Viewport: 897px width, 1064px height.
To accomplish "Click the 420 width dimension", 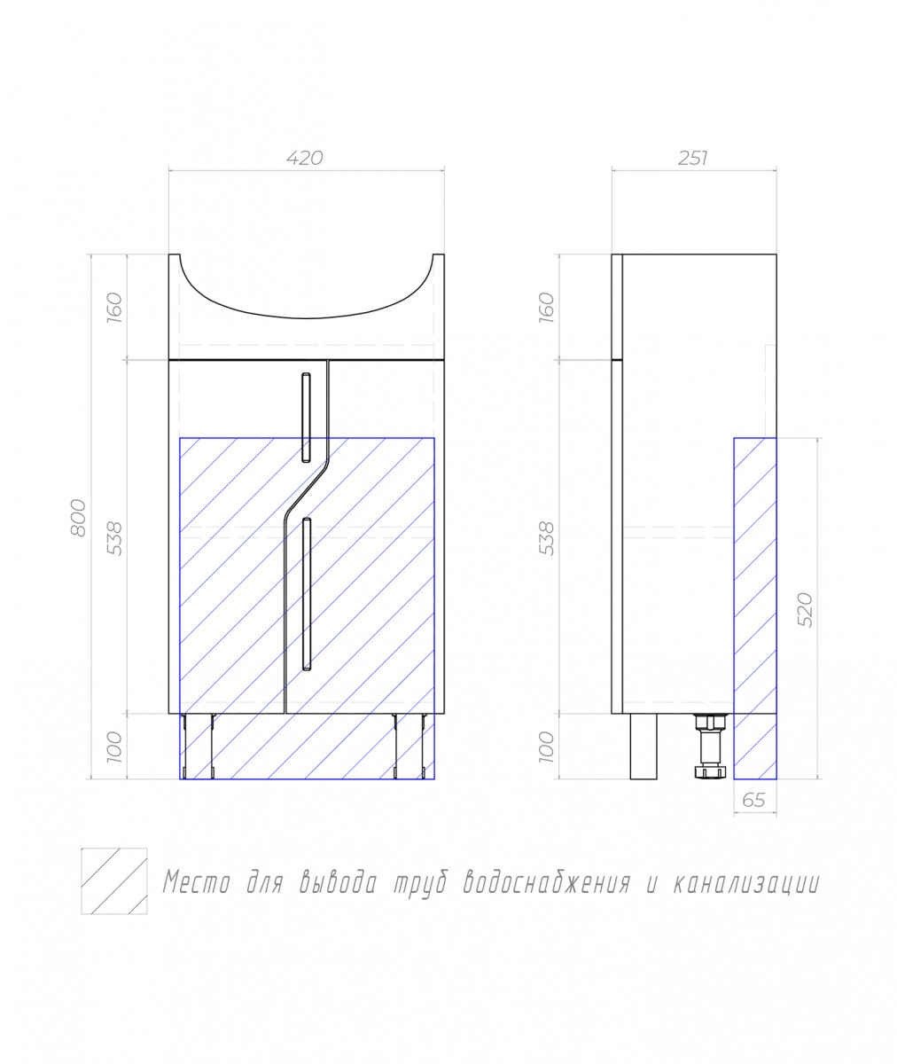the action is [305, 158].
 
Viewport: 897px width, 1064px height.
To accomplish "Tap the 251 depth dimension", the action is [693, 159].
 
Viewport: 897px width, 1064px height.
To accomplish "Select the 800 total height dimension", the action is [78, 517].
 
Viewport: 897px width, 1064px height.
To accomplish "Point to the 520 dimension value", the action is [806, 610].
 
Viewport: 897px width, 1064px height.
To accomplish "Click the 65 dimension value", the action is [754, 800].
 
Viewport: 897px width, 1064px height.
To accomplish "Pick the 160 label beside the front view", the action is [114, 308].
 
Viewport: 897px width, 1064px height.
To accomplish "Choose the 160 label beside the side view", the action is [546, 308].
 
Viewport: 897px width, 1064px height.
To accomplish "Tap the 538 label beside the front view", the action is [114, 538].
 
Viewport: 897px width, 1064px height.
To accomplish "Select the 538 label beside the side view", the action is [546, 538].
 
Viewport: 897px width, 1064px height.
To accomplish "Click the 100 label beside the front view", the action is [114, 747].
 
